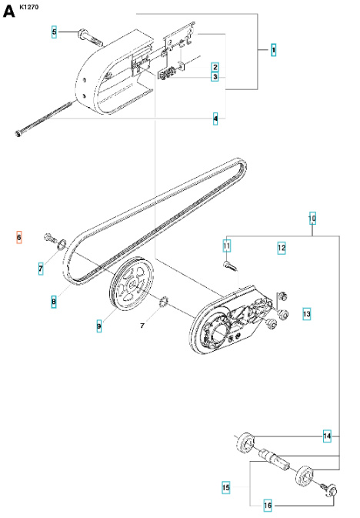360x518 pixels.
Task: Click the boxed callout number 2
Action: pyautogui.click(x=215, y=67)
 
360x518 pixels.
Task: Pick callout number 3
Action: pyautogui.click(x=215, y=77)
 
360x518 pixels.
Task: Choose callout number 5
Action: pyautogui.click(x=54, y=32)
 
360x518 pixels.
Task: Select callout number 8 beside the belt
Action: pyautogui.click(x=54, y=302)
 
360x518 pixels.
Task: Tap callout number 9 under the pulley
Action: pyautogui.click(x=99, y=327)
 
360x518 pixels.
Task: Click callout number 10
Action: pyautogui.click(x=312, y=219)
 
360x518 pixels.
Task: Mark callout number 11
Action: pyautogui.click(x=227, y=246)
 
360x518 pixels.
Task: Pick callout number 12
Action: pyautogui.click(x=282, y=248)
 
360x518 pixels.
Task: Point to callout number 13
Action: pyautogui.click(x=306, y=314)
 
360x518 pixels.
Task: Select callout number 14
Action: pyautogui.click(x=327, y=436)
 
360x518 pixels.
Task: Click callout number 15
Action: pyautogui.click(x=226, y=487)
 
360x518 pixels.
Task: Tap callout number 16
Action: pyautogui.click(x=268, y=505)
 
